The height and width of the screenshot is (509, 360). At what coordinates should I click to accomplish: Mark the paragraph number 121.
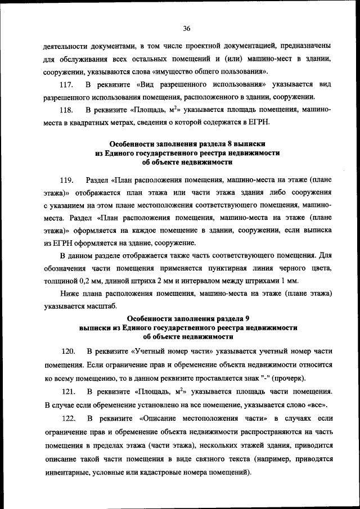point(67,391)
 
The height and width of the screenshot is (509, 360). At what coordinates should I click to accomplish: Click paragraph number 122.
point(67,419)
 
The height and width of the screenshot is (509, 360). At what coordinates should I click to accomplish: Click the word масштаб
point(100,306)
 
